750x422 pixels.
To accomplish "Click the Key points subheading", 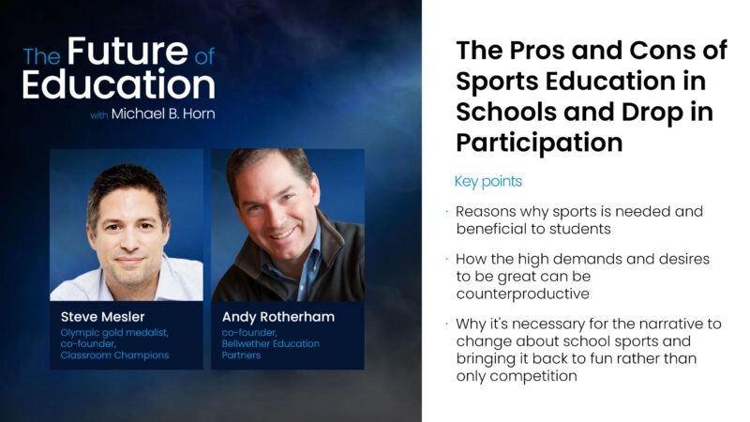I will [488, 181].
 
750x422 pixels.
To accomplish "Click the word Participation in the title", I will [539, 143].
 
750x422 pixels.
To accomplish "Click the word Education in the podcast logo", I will [118, 85].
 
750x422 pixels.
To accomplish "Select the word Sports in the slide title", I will [494, 82].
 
